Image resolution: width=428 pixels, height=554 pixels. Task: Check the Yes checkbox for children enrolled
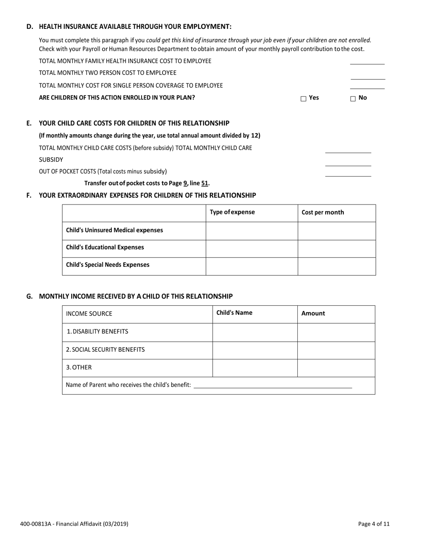coord(303,99)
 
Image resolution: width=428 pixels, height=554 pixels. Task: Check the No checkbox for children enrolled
coord(353,99)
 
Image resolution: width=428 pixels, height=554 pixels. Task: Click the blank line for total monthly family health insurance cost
coord(367,62)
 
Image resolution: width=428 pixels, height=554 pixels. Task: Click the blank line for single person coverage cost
coord(367,86)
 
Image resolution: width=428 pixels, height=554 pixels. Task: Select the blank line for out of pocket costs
coord(348,173)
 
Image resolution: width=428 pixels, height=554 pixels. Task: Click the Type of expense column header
coord(232,213)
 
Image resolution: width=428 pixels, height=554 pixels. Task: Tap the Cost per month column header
coord(323,213)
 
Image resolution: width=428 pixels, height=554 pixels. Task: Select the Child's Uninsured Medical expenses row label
coord(114,230)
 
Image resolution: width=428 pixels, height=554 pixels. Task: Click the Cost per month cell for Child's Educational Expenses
coord(337,248)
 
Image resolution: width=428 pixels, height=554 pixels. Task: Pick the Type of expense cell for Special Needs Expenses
coord(251,266)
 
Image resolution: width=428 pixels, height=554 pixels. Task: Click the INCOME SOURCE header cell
coord(89,314)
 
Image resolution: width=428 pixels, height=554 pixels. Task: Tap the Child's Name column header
coord(234,313)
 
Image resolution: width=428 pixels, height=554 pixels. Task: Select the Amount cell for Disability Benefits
coord(336,332)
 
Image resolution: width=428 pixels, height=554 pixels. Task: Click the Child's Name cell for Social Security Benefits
coord(255,350)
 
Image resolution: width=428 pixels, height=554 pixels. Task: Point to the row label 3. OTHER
coord(79,368)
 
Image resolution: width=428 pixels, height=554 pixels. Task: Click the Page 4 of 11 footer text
coord(373,524)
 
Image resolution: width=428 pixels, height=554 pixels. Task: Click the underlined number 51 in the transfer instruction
coord(205,183)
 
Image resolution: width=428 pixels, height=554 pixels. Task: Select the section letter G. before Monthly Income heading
coord(30,296)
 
